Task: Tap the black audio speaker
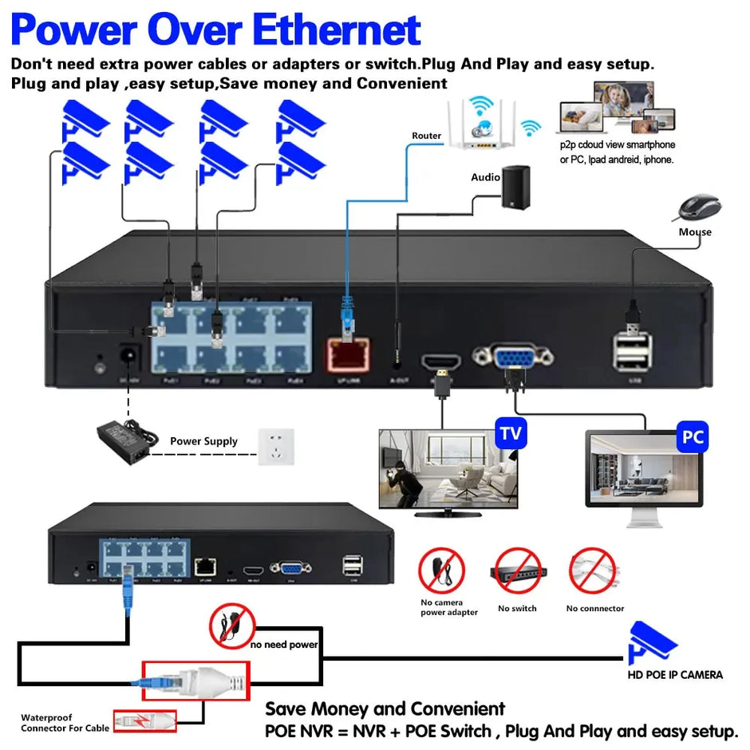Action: [515, 187]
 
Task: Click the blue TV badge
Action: [511, 434]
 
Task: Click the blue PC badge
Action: [692, 438]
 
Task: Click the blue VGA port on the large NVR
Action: [503, 356]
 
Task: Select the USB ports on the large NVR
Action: [632, 351]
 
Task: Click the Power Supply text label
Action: [203, 441]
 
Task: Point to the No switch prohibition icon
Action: [517, 570]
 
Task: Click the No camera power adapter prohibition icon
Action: [441, 570]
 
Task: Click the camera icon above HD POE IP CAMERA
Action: [653, 642]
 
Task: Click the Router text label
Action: [426, 136]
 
